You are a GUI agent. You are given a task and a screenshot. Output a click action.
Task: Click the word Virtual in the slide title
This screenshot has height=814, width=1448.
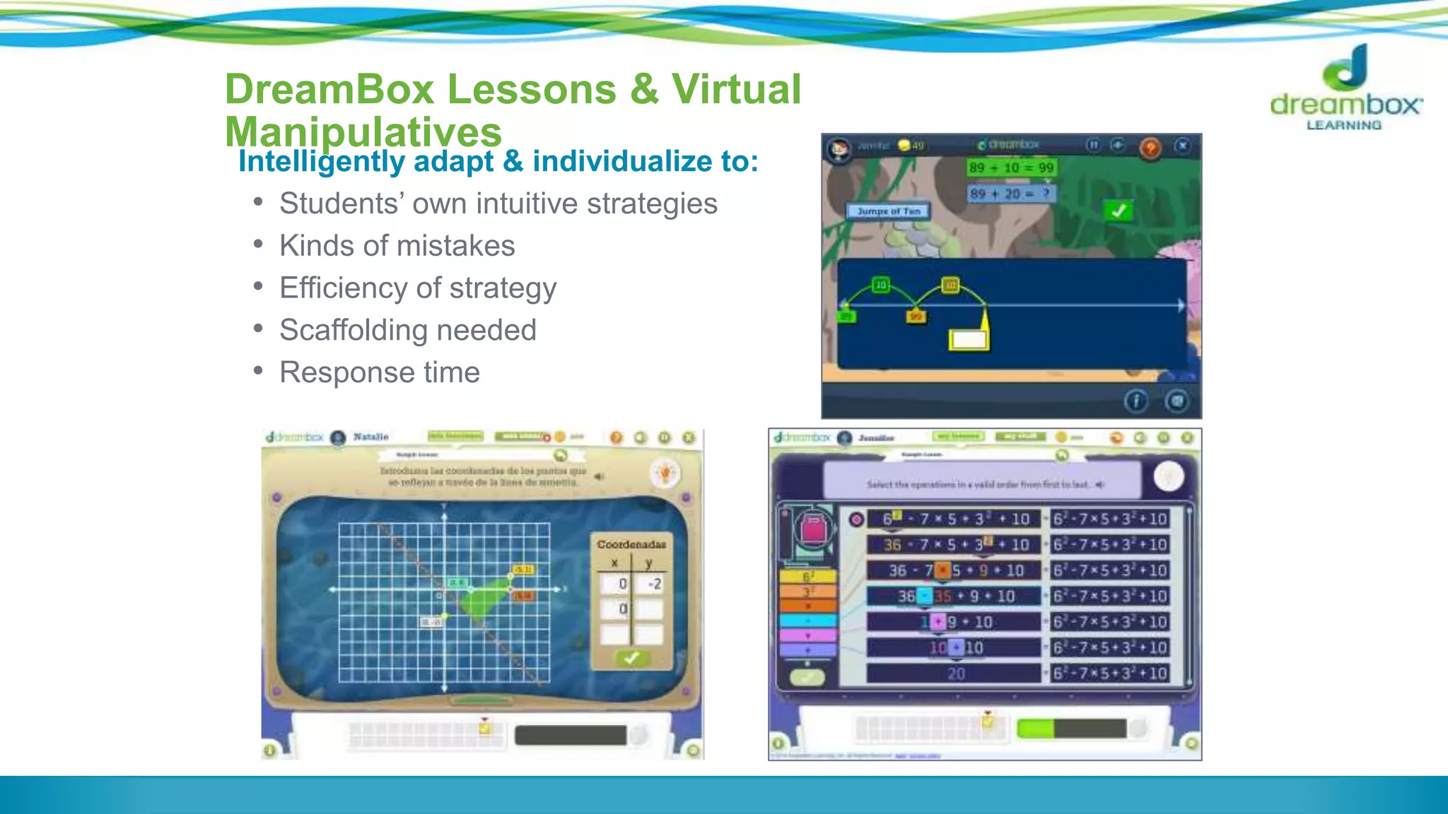coord(736,89)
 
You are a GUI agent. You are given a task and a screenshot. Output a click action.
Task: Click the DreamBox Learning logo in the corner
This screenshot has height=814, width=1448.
coord(1346,88)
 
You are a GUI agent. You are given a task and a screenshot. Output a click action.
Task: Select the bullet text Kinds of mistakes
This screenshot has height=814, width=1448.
coord(397,246)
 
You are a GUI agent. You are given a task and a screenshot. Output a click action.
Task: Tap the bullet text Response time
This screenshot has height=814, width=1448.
coord(380,372)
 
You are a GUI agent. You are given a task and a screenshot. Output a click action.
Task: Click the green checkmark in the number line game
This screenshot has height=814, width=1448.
coord(1118,211)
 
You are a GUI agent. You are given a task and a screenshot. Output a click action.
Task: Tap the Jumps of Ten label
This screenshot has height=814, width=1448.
coord(889,211)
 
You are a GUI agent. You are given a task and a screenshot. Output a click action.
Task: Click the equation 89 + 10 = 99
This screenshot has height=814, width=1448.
coord(1011,167)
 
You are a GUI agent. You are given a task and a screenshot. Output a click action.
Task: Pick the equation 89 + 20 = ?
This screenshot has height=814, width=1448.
coord(1011,194)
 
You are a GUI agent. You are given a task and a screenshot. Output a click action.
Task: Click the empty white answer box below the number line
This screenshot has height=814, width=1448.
coord(969,340)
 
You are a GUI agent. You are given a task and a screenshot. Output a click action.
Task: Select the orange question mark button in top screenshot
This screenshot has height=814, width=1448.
coord(1150,148)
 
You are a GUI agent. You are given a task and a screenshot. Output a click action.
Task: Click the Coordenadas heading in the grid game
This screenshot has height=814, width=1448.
coord(631,545)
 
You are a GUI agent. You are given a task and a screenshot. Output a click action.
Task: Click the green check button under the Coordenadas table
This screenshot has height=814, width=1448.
coord(631,658)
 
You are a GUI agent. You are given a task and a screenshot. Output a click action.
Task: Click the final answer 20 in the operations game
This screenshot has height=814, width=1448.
coord(955,674)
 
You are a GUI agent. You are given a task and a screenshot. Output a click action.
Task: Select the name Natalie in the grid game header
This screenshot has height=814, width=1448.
coord(370,437)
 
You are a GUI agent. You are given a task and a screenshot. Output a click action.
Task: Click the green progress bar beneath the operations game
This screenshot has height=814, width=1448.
coord(1035,729)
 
